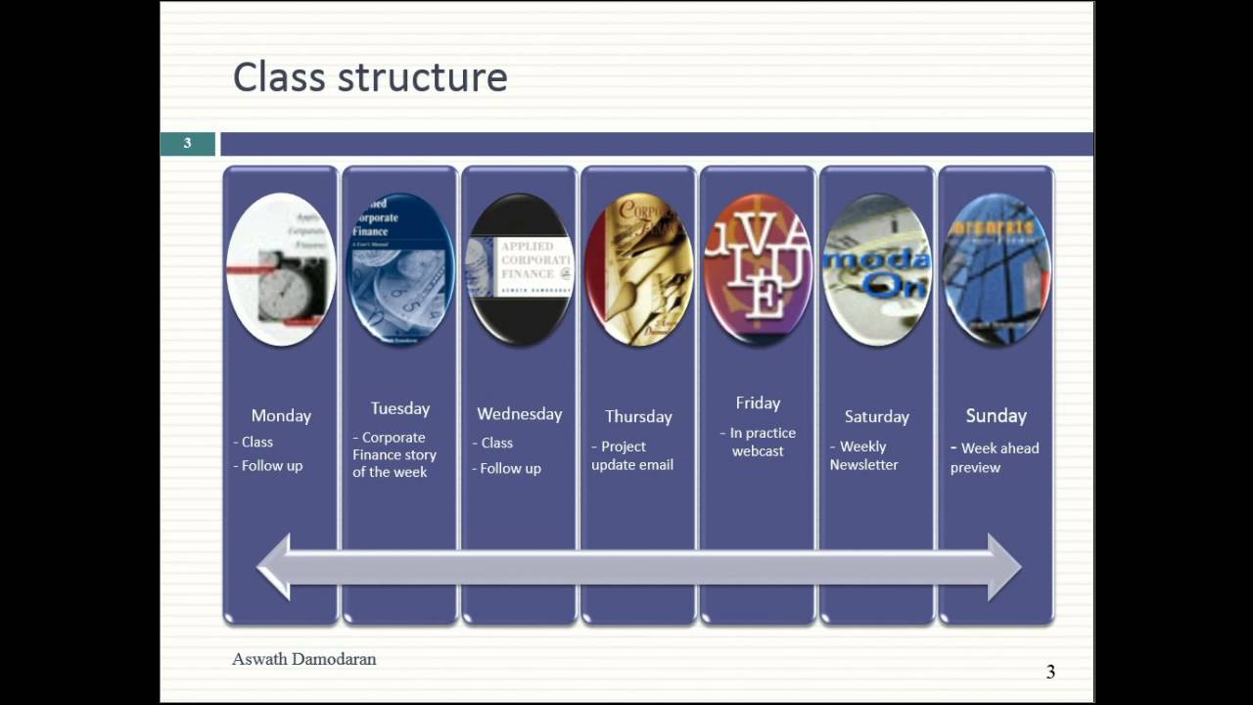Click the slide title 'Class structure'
click(370, 77)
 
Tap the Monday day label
click(281, 416)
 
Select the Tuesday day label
click(400, 408)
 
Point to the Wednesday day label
click(519, 414)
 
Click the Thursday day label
click(638, 417)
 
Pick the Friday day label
click(758, 403)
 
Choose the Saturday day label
click(876, 417)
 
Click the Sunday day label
click(996, 416)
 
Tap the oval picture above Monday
click(281, 269)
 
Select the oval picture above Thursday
click(638, 269)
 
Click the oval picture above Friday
click(758, 269)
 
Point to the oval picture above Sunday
click(996, 269)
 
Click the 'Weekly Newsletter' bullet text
click(863, 455)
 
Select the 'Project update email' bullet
click(632, 455)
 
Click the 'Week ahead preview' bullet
click(995, 457)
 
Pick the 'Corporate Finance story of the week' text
click(394, 454)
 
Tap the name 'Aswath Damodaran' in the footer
click(303, 659)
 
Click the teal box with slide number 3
click(187, 144)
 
